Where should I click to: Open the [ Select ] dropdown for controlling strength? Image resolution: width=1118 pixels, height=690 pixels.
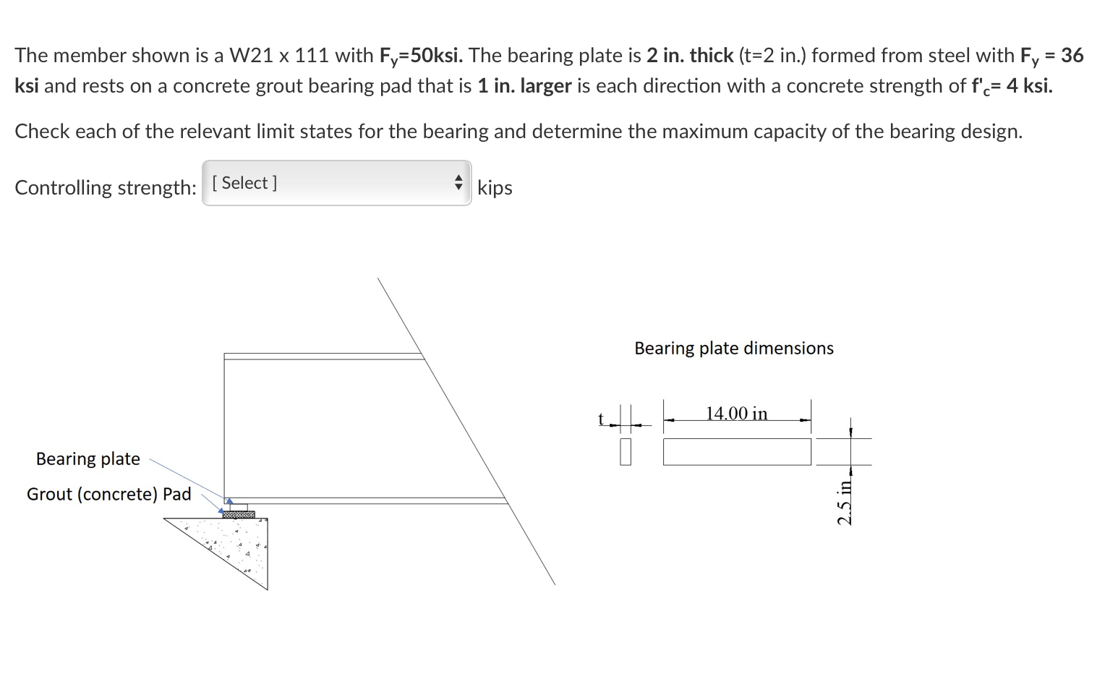pos(336,183)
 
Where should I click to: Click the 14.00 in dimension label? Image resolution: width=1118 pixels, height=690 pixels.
pos(737,414)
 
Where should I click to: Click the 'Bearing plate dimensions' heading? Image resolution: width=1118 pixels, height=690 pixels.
pos(734,348)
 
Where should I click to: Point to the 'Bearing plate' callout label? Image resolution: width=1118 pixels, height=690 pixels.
pos(88,459)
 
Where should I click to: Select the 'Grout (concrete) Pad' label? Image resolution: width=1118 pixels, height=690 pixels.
pos(108,494)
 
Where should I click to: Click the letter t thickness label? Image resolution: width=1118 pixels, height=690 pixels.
pos(601,418)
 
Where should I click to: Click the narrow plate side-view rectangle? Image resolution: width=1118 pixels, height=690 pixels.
pos(626,452)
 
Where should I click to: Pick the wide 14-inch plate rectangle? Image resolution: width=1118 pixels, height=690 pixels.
pos(737,452)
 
